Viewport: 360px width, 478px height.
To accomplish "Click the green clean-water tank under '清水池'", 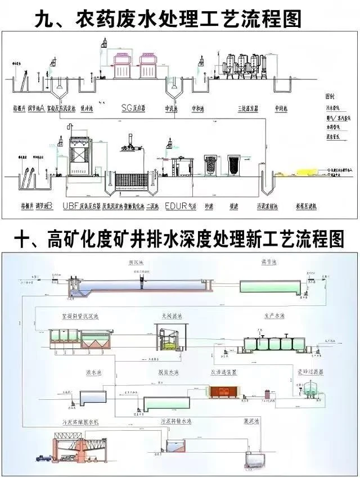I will click(x=269, y=286).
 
